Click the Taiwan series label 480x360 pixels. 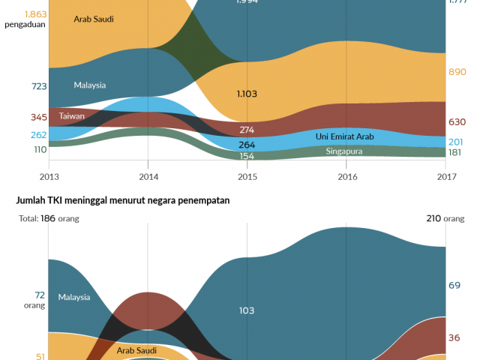point(71,116)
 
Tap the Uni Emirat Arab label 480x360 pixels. point(344,137)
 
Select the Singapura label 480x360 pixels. point(344,151)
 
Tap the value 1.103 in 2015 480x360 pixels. point(247,94)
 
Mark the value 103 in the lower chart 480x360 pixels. point(247,310)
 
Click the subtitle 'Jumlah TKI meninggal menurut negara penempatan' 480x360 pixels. point(118,201)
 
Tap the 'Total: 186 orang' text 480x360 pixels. point(49,219)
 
